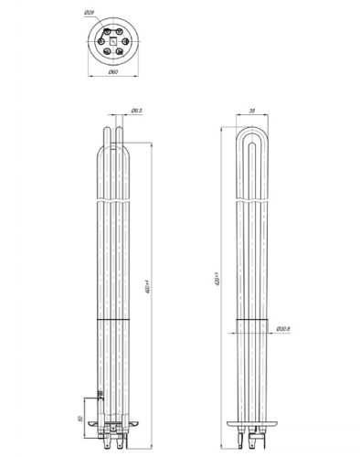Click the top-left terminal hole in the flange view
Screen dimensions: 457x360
[x=105, y=30]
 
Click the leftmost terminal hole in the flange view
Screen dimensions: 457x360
[x=99, y=39]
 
